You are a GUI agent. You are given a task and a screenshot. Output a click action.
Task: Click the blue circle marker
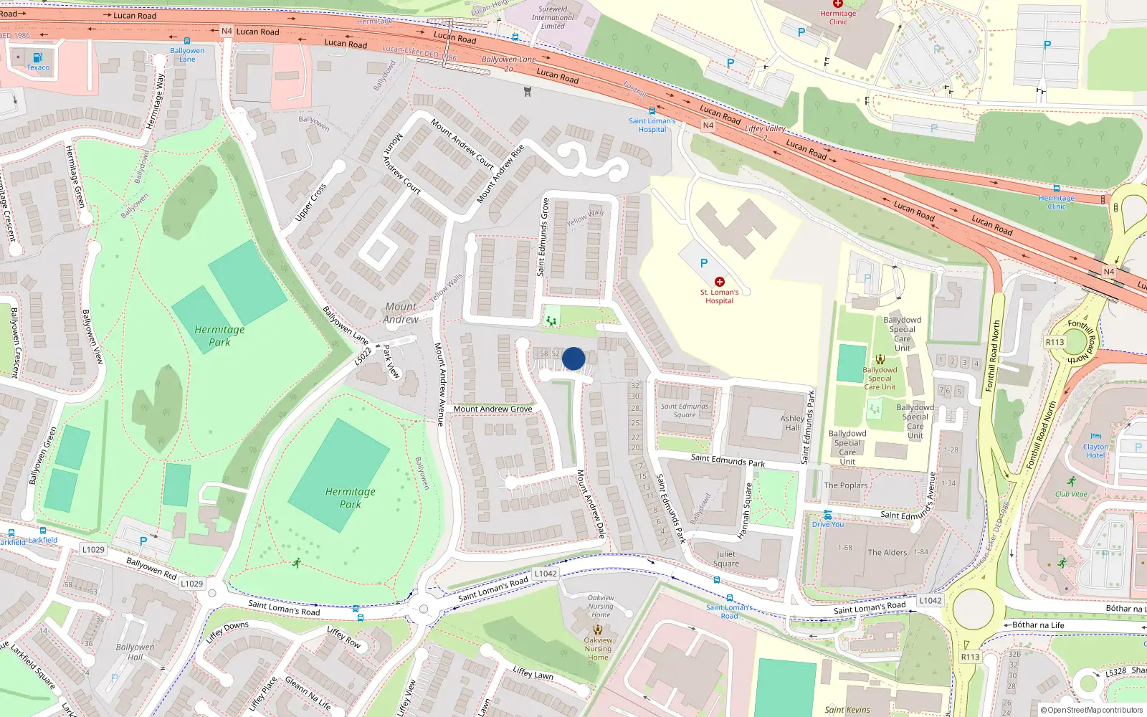[x=573, y=358]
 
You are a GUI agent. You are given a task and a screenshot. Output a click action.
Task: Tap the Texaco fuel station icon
[x=38, y=57]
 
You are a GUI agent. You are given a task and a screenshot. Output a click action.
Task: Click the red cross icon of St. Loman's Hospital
[x=719, y=282]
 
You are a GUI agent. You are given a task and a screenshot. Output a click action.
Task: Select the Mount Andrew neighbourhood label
[x=401, y=313]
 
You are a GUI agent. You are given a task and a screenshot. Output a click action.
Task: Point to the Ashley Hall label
[x=792, y=423]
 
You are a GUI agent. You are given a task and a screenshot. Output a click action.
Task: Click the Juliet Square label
[x=725, y=559]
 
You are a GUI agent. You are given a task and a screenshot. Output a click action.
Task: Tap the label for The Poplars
[x=846, y=485]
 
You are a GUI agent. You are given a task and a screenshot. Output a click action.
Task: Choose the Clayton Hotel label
[x=1095, y=451]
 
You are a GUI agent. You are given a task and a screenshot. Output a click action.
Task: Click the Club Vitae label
[x=1071, y=494]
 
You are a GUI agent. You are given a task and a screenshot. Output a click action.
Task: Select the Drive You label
[x=828, y=524]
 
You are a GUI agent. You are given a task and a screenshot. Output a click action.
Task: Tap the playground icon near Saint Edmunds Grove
[x=551, y=320]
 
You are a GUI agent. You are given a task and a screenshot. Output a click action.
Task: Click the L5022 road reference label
[x=363, y=356]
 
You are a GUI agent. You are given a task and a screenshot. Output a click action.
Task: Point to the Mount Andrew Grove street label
[x=492, y=409]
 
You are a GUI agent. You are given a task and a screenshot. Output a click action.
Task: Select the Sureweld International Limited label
[x=553, y=18]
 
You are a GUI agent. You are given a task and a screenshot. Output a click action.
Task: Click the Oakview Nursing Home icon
[x=598, y=629]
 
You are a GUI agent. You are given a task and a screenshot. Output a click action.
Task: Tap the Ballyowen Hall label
[x=135, y=652]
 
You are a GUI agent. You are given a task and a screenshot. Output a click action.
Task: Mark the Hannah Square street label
[x=746, y=511]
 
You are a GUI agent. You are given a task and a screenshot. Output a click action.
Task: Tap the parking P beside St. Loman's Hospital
[x=704, y=263]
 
